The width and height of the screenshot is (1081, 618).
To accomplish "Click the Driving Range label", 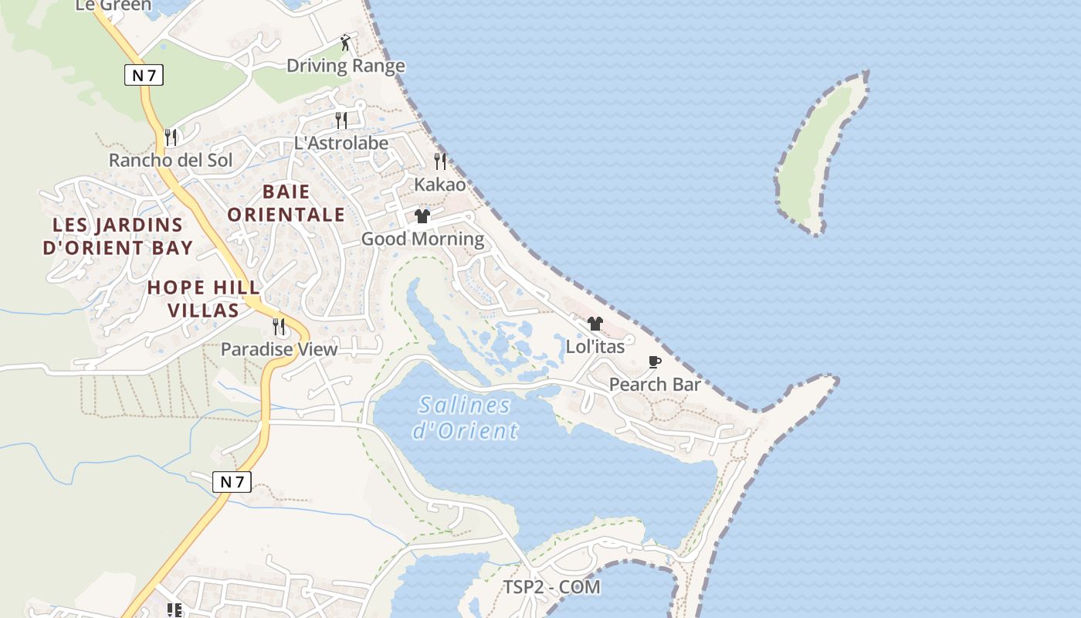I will point(345,66).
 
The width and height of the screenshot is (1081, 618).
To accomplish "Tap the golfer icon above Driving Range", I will point(345,42).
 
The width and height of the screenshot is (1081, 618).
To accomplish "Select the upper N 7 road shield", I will point(144,75).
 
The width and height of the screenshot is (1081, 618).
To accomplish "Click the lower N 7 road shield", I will point(232,482).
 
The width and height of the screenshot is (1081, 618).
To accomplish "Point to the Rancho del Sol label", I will point(170,161).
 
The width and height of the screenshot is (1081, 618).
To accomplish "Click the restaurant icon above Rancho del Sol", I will point(171,138).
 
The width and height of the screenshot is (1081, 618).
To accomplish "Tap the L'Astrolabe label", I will point(341,143).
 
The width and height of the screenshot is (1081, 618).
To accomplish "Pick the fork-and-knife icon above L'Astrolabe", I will point(341,120).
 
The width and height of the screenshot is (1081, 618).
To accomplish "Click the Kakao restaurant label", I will point(440,185).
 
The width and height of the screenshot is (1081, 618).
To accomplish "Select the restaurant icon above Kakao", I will point(440,161).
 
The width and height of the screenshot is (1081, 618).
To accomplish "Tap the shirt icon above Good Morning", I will point(422,216).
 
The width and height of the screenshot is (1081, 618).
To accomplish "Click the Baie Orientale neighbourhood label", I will point(286,202).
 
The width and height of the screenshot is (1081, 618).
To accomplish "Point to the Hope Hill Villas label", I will point(204,299).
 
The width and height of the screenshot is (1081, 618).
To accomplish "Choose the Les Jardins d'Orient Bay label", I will point(117,236).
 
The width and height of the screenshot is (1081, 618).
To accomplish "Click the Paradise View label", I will point(279,349).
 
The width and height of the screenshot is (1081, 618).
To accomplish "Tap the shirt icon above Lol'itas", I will point(595,323).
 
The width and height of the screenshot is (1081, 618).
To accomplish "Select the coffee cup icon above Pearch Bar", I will point(655,362).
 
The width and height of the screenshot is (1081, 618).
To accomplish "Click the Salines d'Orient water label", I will point(465,417).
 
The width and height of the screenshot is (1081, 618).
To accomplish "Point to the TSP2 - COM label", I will point(551,587).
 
